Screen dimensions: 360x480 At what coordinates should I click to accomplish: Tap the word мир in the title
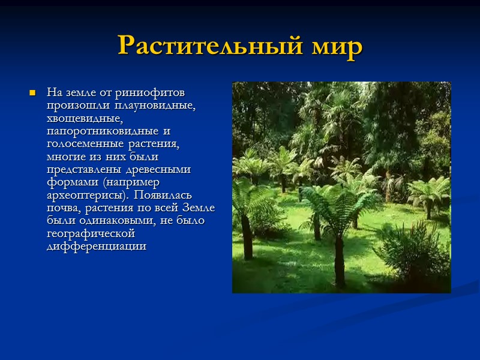[335, 46]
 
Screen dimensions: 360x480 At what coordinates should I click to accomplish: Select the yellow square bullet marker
[33, 94]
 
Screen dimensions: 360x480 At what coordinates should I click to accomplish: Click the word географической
[91, 233]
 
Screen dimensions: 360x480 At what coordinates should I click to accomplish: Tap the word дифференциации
[96, 247]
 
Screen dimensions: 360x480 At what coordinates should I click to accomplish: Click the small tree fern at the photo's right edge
[430, 195]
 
